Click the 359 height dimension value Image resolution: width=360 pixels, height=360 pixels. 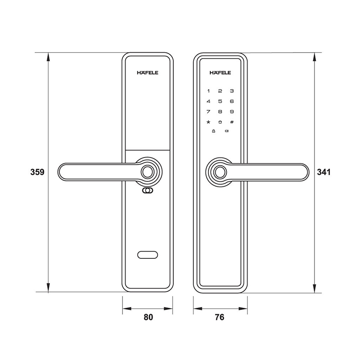pos(36,172)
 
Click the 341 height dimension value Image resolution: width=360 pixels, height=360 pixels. pos(324,172)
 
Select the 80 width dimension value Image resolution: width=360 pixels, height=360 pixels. pos(148,317)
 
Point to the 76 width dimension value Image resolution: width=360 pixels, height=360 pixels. pos(220,317)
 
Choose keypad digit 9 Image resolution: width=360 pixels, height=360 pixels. pos(232,112)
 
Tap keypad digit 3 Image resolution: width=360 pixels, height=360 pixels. pos(232,91)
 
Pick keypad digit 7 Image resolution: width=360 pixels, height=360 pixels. pos(208,112)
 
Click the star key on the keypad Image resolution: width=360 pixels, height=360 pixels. pos(208,122)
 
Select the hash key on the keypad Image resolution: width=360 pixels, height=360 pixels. pos(232,122)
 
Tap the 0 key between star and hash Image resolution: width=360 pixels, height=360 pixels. pos(220,122)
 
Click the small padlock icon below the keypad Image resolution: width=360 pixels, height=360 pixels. pos(214,131)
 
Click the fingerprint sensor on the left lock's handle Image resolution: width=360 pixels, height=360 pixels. pos(148,171)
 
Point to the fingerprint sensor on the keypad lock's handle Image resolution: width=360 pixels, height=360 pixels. pos(220,171)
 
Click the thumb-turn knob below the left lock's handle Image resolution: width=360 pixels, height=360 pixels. pos(148,191)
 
